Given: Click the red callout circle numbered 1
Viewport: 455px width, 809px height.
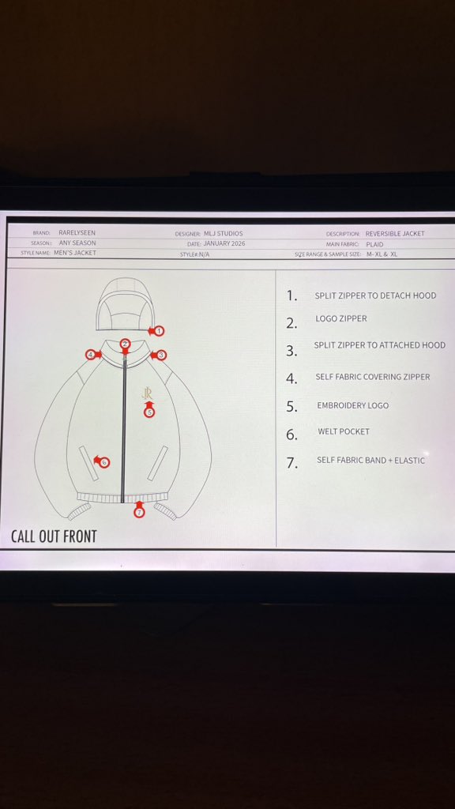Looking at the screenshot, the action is (160, 331).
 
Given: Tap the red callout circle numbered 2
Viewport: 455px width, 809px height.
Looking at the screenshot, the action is (125, 344).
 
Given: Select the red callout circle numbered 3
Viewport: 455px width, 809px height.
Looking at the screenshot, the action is (161, 355).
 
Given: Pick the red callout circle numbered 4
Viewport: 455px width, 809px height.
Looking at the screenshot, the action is (91, 355).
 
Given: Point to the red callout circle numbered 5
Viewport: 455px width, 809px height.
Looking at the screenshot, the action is (149, 412).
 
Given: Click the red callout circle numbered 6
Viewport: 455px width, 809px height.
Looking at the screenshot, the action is (104, 462).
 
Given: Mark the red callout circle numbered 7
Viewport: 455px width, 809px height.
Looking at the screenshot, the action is (139, 512).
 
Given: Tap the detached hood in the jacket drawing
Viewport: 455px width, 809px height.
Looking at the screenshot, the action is (126, 304).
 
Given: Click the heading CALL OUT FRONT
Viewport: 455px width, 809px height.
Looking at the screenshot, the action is (55, 536).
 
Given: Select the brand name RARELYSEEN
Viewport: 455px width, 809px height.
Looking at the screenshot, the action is (77, 233).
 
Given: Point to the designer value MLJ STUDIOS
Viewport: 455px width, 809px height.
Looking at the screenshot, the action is (223, 234).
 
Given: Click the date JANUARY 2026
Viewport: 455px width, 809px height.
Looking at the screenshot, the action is (224, 243).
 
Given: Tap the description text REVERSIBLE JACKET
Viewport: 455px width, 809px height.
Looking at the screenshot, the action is (395, 234).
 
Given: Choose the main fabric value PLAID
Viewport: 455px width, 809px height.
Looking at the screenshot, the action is (374, 244).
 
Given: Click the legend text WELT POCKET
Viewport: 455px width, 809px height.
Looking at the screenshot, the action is (344, 431).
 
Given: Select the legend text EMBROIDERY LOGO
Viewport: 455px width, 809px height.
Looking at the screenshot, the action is (353, 405).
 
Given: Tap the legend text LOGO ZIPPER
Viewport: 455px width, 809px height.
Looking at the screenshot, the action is (341, 319).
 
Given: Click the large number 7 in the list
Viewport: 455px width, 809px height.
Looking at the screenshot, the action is (292, 463).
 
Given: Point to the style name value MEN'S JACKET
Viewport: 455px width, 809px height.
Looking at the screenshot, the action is (75, 253).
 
